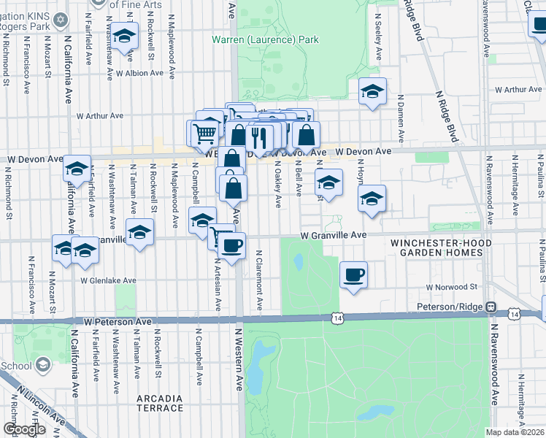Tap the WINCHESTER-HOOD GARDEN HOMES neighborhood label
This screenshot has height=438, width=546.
pyautogui.click(x=437, y=247)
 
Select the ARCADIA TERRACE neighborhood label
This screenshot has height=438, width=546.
pyautogui.click(x=160, y=403)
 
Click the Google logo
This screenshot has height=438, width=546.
pyautogui.click(x=23, y=429)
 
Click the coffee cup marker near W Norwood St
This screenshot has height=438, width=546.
pyautogui.click(x=353, y=274)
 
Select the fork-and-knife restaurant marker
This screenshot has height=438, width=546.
pyautogui.click(x=260, y=136)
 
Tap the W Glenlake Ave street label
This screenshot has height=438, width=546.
pyautogui.click(x=108, y=280)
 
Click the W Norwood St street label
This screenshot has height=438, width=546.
pyautogui.click(x=451, y=288)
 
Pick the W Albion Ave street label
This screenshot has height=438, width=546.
pyautogui.click(x=138, y=73)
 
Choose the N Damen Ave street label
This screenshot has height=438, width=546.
pyautogui.click(x=401, y=118)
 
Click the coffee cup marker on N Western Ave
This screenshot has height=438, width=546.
pyautogui.click(x=232, y=245)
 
